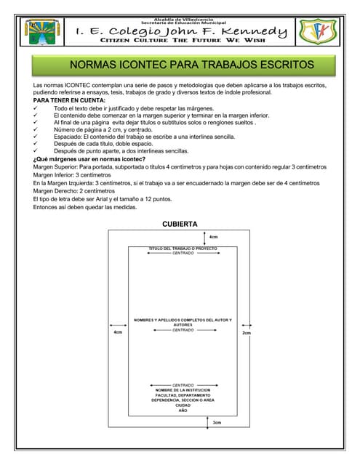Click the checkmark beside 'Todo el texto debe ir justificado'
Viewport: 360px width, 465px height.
[x=36, y=108]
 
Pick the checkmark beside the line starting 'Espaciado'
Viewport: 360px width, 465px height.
[x=36, y=137]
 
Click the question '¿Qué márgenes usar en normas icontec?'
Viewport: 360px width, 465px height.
[x=89, y=158]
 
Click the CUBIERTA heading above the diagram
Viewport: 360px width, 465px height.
[x=180, y=224]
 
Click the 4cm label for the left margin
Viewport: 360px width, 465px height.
[x=118, y=333]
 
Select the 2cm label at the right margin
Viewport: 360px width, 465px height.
[x=246, y=333]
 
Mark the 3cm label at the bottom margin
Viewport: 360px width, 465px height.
[x=217, y=422]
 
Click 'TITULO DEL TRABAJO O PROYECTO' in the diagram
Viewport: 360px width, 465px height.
[x=183, y=248]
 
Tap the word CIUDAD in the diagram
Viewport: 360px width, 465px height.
[x=183, y=405]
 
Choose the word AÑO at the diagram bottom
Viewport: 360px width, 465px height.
[x=183, y=411]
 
